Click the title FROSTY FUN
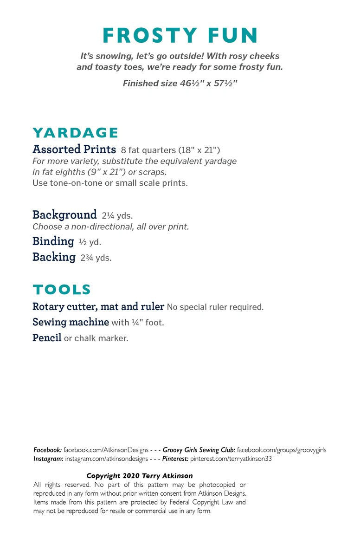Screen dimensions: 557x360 tap(180, 36)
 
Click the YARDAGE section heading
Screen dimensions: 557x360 tap(75, 133)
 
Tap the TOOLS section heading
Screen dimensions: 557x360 tap(62, 290)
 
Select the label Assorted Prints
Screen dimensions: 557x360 tap(74, 149)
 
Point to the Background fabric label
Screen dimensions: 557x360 tap(64, 215)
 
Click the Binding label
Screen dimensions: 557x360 tap(53, 241)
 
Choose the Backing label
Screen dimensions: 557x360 tap(54, 257)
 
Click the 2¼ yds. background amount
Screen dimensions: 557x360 tap(117, 216)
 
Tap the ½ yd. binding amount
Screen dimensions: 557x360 tap(90, 242)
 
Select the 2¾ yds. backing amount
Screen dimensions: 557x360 tap(96, 258)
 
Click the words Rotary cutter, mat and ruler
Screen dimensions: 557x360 tap(98, 307)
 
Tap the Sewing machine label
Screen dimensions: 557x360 tap(71, 322)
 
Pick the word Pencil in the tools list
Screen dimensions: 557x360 tap(47, 338)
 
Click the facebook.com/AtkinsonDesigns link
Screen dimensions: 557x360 tap(106, 450)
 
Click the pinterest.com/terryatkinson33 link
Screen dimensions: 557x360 tap(231, 459)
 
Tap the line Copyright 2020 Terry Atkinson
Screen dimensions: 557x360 tap(140, 476)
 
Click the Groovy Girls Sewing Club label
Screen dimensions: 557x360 tap(199, 450)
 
